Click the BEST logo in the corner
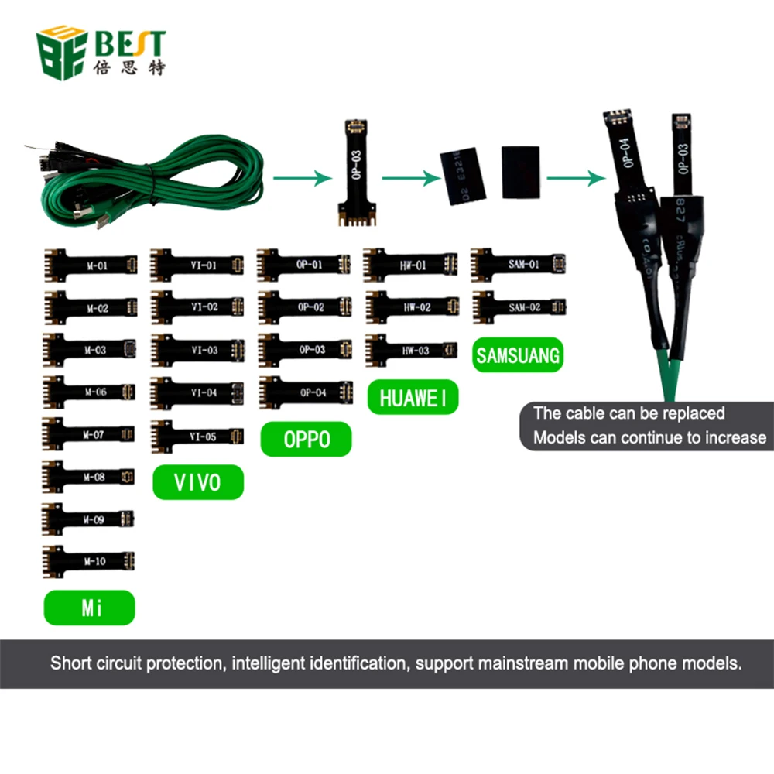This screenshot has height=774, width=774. [101, 53]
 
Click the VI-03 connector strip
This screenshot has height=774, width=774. [198, 350]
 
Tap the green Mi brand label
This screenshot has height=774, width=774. [90, 608]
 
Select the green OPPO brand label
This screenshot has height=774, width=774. [307, 439]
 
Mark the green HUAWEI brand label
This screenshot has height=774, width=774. [413, 398]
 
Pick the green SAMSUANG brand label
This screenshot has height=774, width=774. [518, 356]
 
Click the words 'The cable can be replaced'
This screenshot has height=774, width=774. [628, 413]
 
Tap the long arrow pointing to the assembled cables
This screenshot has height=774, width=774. [575, 178]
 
